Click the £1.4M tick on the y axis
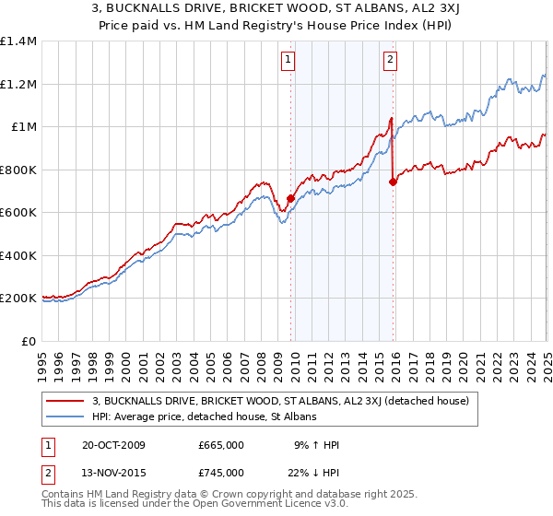tap(18, 41)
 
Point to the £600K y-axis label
tap(18, 213)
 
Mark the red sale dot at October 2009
tap(290, 198)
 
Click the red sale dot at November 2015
tap(394, 182)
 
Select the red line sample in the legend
tap(65, 401)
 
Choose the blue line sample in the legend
tap(65, 416)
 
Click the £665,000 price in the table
tap(221, 445)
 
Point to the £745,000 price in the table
tap(221, 473)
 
